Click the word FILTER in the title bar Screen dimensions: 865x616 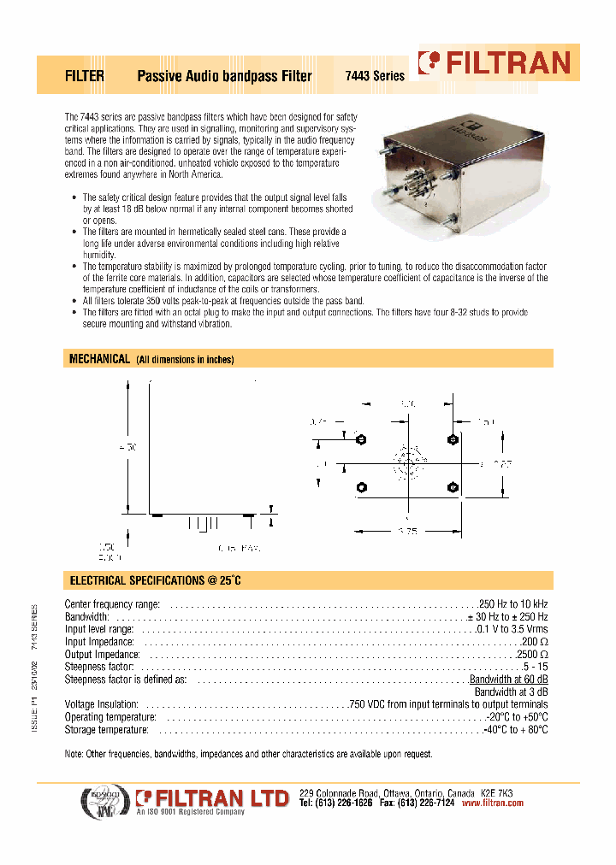pos(85,76)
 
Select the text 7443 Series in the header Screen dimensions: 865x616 pos(374,76)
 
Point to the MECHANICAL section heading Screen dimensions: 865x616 pos(99,359)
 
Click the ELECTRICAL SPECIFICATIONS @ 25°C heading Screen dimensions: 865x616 pos(155,580)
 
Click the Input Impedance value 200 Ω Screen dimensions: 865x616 pos(536,641)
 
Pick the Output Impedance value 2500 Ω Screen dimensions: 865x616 pos(532,654)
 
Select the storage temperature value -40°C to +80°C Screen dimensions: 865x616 pos(516,730)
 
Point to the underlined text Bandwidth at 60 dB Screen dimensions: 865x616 pos(510,680)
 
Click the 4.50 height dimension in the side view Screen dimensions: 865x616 pos(128,447)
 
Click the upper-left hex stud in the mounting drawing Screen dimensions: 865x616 pos(361,439)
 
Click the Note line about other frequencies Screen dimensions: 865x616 pos(249,754)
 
